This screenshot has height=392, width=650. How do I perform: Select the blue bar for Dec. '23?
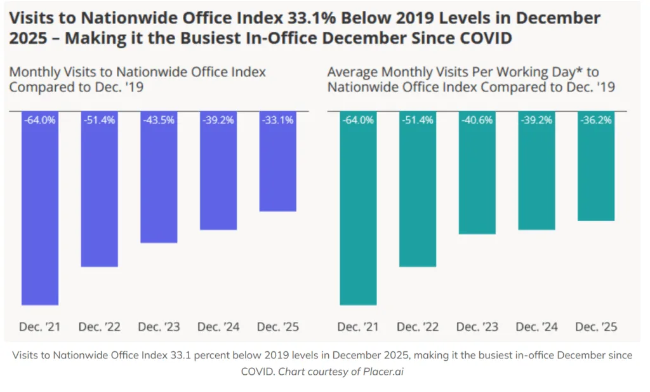[x=159, y=177]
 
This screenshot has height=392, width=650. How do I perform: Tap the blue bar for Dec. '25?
[x=277, y=161]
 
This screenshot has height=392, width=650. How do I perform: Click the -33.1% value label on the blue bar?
[x=277, y=120]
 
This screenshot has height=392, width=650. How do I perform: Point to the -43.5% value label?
[x=159, y=120]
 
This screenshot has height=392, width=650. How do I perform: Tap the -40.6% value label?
[x=477, y=120]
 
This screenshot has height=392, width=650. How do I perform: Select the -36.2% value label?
[x=596, y=120]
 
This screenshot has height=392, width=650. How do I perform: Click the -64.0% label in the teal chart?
[x=358, y=120]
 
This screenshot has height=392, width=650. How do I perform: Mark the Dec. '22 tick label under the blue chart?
[x=100, y=327]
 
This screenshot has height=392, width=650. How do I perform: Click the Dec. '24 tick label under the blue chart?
[x=218, y=327]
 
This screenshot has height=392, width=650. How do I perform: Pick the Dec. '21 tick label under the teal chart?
[x=358, y=327]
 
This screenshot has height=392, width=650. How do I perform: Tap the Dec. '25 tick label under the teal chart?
[x=596, y=327]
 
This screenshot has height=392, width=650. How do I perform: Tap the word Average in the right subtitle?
[x=352, y=72]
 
